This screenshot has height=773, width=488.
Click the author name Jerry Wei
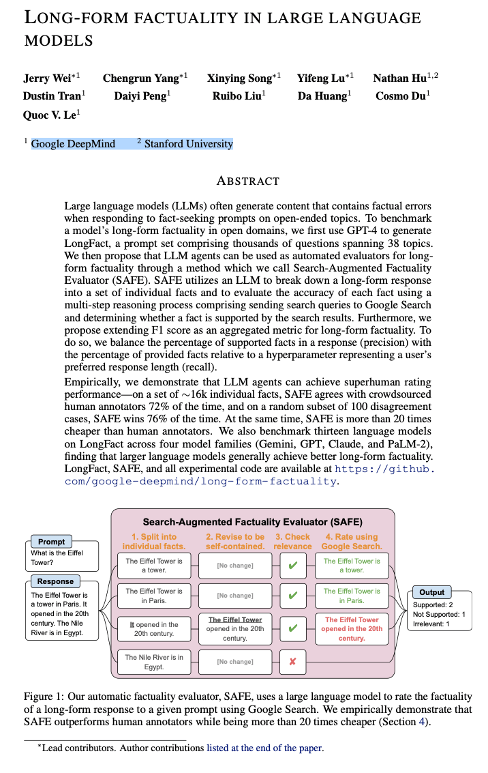(x=48, y=78)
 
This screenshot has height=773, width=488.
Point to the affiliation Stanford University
(x=188, y=144)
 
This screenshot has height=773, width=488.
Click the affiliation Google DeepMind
(x=73, y=144)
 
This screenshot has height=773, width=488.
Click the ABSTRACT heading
(x=247, y=181)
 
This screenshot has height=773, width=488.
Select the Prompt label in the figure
(x=52, y=542)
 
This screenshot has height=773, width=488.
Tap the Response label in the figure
(x=55, y=581)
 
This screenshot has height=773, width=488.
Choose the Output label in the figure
(x=431, y=592)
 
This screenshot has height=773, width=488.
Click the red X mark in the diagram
(x=293, y=661)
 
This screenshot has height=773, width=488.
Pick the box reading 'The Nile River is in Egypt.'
(x=154, y=661)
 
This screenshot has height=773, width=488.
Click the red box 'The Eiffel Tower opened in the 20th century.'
(x=352, y=628)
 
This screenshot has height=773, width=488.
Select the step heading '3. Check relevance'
(x=292, y=541)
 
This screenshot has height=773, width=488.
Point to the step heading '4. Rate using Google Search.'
(x=352, y=541)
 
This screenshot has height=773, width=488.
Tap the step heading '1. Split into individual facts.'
(x=154, y=541)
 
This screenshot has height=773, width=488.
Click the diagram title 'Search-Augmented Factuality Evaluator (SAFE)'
(x=253, y=522)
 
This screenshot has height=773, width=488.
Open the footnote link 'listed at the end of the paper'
(x=264, y=748)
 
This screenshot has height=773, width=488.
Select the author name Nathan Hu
(x=402, y=78)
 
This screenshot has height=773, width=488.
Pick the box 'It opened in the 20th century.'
(x=154, y=628)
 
